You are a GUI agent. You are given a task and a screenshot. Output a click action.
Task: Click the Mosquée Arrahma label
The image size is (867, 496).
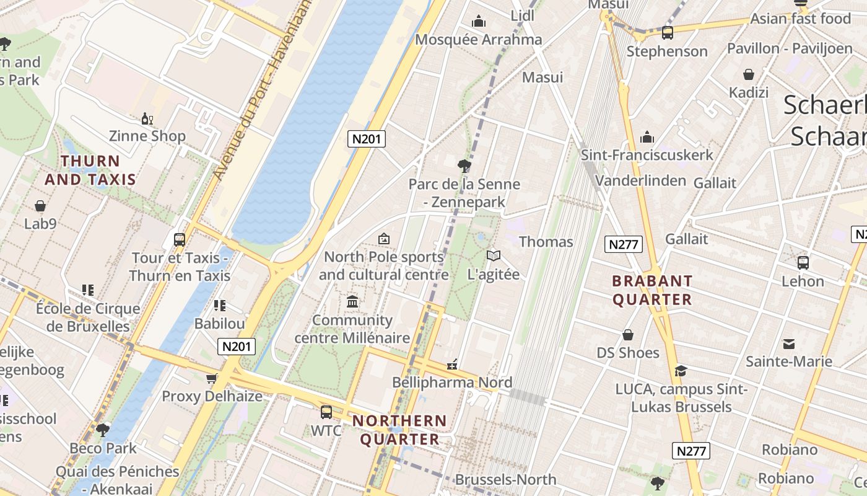(x=478, y=40)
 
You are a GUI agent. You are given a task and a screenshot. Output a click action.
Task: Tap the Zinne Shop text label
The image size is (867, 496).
(x=147, y=136)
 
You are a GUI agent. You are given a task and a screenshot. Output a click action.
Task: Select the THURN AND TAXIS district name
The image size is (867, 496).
(x=90, y=170)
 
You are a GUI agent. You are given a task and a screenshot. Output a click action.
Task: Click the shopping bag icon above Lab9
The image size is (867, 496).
(x=40, y=205)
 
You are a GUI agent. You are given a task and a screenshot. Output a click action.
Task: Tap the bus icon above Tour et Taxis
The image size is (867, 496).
(x=180, y=239)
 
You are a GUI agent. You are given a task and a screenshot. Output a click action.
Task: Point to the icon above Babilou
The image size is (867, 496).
(x=219, y=305)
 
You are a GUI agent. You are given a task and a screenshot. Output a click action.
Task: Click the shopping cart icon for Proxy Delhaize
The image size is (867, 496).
(x=212, y=378)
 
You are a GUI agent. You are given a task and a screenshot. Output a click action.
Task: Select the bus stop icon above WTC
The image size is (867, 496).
(x=326, y=412)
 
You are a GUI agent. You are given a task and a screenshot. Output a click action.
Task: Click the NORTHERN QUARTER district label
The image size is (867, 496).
(x=399, y=430)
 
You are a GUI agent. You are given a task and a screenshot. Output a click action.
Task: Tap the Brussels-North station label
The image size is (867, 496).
(x=505, y=479)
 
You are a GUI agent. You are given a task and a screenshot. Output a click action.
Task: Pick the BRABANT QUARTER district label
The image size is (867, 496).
(x=652, y=290)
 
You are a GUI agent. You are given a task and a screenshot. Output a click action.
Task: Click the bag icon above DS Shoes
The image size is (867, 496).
(x=628, y=335)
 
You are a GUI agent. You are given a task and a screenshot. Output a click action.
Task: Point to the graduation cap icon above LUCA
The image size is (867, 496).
(x=681, y=371)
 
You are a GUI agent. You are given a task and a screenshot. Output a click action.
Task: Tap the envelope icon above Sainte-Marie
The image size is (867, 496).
(x=789, y=343)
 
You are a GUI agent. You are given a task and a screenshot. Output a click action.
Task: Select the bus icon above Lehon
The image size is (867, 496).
(x=803, y=263)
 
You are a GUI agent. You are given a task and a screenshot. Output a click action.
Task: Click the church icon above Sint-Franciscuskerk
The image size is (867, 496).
(x=647, y=137)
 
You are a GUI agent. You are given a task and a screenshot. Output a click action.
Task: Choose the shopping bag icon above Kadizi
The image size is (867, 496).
(x=749, y=74)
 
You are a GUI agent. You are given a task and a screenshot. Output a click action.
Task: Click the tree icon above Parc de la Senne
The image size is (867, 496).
(x=464, y=166)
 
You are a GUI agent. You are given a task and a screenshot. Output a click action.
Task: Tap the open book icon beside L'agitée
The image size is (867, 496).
(x=494, y=255)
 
